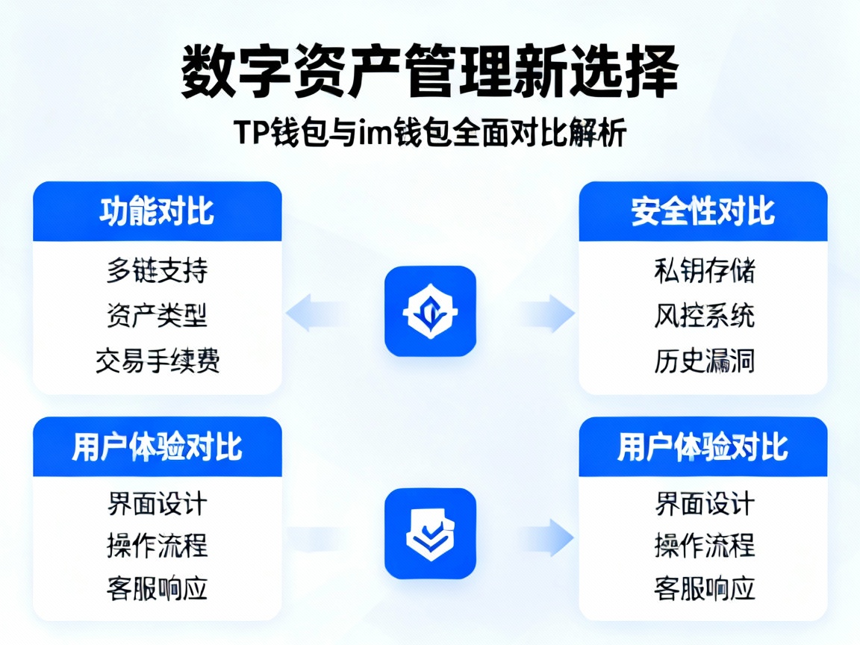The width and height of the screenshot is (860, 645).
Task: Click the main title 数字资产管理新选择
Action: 430,72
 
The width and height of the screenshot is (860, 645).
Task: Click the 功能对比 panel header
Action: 157,212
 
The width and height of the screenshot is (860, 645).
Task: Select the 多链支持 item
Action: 157,270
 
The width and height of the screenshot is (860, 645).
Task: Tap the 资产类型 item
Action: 157,316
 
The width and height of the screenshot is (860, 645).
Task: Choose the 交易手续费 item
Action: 157,361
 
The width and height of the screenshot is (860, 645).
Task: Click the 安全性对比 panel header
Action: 702,212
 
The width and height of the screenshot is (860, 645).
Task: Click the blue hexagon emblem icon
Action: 430,311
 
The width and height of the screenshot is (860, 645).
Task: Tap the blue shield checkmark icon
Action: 430,534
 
